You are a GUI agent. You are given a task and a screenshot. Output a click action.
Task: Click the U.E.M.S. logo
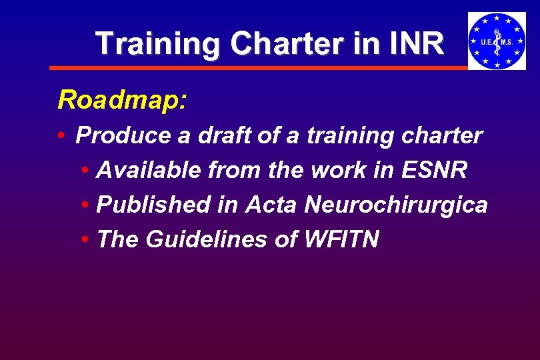point(496,41)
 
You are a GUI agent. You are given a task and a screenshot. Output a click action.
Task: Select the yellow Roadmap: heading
point(123,100)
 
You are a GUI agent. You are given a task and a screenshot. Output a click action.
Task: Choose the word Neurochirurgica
point(396,205)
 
